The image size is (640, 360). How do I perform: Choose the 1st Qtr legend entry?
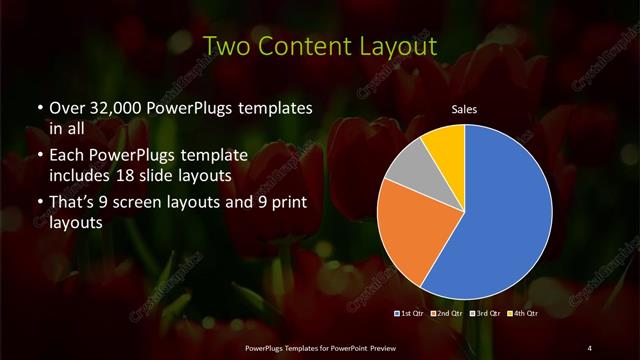click(413, 313)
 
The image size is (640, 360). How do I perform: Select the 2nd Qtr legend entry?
click(447, 313)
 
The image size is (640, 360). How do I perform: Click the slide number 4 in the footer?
click(590, 347)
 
